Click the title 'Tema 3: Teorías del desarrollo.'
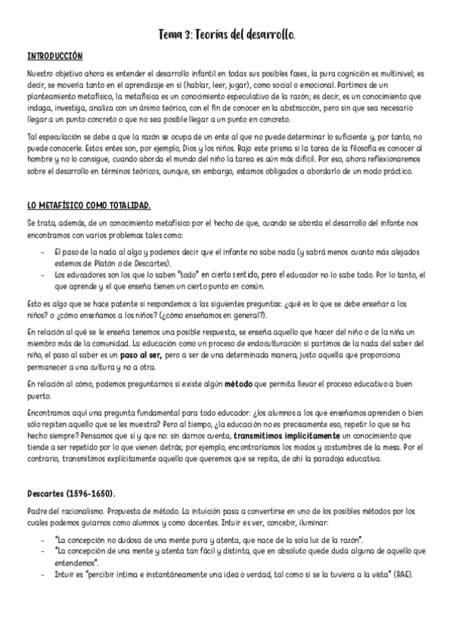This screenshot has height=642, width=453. (227, 35)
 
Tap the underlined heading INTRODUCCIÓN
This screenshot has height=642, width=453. (54, 57)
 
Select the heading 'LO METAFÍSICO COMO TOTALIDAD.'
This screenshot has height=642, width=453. (88, 205)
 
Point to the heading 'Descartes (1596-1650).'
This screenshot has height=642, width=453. (72, 494)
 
